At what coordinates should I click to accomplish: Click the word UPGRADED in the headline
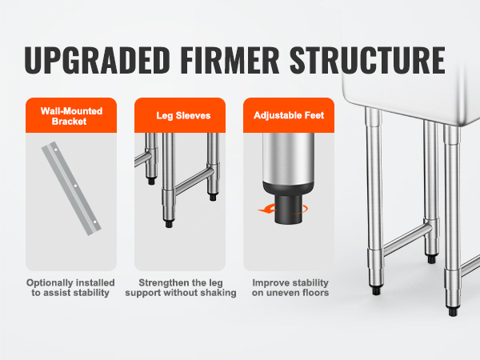coord(98,60)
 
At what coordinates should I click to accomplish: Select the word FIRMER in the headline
coord(230,60)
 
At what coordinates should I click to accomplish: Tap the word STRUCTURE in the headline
coord(367,60)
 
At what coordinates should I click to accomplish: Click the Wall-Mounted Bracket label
coord(71,116)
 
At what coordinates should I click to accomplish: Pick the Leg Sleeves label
coord(183,115)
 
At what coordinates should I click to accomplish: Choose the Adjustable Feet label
coord(289,115)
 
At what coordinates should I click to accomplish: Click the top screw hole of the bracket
coord(56,150)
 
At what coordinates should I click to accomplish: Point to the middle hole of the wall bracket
coord(75,186)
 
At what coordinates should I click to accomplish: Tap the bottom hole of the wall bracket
coord(94,222)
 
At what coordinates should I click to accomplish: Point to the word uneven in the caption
coord(283,293)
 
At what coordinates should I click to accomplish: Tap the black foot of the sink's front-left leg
coord(376,290)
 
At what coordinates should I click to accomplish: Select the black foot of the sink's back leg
coord(432,259)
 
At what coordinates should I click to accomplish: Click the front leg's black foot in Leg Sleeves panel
coord(169,224)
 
